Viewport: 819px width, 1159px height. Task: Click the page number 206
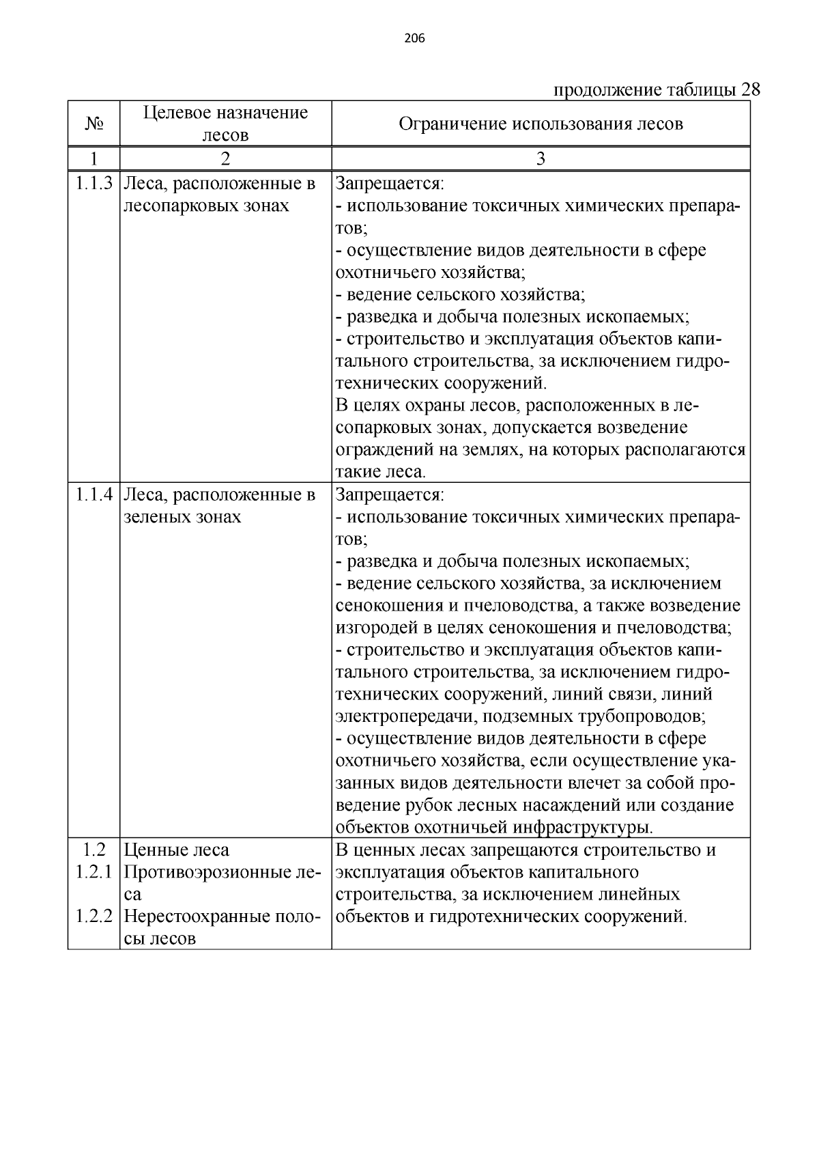[x=414, y=39]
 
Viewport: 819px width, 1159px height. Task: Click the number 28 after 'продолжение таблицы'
[x=749, y=90]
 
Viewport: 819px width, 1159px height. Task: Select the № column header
[x=94, y=124]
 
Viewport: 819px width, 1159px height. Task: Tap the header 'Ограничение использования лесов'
[x=541, y=124]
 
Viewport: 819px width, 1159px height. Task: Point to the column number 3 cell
[x=541, y=159]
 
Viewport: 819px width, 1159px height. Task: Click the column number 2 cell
[x=225, y=159]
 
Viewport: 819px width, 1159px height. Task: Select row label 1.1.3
[x=94, y=184]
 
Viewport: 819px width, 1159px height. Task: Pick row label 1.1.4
[x=94, y=494]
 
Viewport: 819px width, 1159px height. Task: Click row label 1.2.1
[x=94, y=872]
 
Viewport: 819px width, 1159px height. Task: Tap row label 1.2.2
[x=94, y=917]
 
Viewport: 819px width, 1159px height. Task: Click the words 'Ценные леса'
[x=177, y=850]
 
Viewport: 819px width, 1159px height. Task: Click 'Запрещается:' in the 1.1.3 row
[x=390, y=184]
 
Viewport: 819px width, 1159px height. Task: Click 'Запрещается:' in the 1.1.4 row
[x=390, y=494]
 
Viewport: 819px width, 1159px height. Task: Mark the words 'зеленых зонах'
[x=182, y=517]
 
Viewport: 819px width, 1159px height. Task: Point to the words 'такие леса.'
[x=381, y=472]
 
